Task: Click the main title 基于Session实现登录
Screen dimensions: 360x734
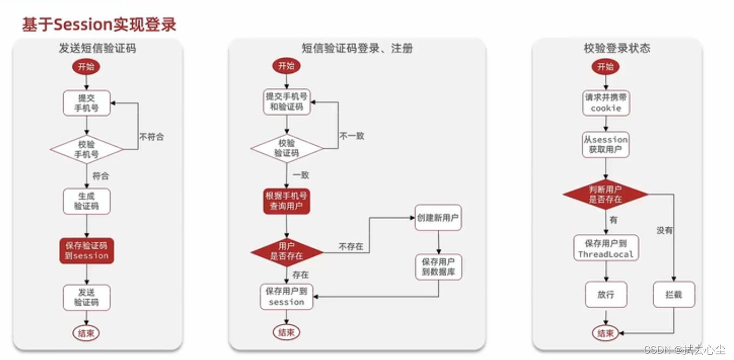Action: pos(99,24)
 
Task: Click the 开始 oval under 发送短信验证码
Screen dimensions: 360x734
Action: pos(86,67)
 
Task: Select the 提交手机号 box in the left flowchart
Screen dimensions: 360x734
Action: pos(86,103)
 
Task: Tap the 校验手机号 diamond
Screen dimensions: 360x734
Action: pos(86,149)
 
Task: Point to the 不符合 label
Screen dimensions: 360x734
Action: pos(151,137)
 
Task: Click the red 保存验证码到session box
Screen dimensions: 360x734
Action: pos(86,250)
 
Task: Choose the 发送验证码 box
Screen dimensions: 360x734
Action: pos(86,297)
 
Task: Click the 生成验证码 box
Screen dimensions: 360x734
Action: pos(86,201)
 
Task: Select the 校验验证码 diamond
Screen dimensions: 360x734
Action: pos(287,148)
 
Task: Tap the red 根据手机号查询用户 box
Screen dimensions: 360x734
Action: pos(287,201)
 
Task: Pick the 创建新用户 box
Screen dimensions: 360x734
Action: pos(438,218)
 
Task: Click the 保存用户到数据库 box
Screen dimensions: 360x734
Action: pos(438,267)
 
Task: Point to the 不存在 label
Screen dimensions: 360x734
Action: pos(351,247)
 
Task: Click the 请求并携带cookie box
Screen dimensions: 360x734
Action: pos(606,103)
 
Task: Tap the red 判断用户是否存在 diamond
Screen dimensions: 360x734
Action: pos(606,194)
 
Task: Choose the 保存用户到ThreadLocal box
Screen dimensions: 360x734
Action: pos(606,248)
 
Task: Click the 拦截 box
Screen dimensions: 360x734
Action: pos(674,295)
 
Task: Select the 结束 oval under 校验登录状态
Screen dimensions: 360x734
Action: pos(606,333)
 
